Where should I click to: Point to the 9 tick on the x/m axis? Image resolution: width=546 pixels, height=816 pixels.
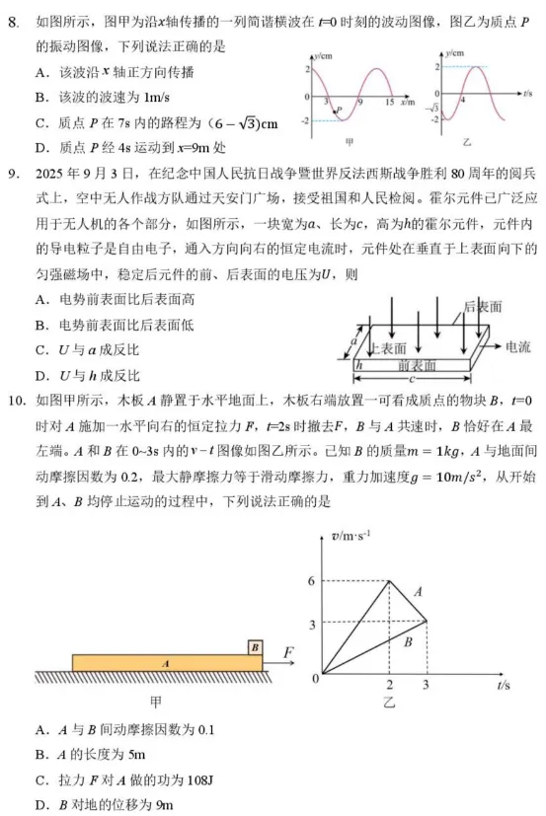tap(360, 103)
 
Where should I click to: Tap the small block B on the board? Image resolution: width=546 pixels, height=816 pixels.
tap(256, 647)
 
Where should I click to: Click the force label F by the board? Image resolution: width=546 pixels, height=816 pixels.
tap(287, 652)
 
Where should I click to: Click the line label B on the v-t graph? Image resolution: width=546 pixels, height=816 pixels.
tap(405, 641)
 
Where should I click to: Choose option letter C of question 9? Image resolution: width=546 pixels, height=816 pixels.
tap(39, 349)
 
